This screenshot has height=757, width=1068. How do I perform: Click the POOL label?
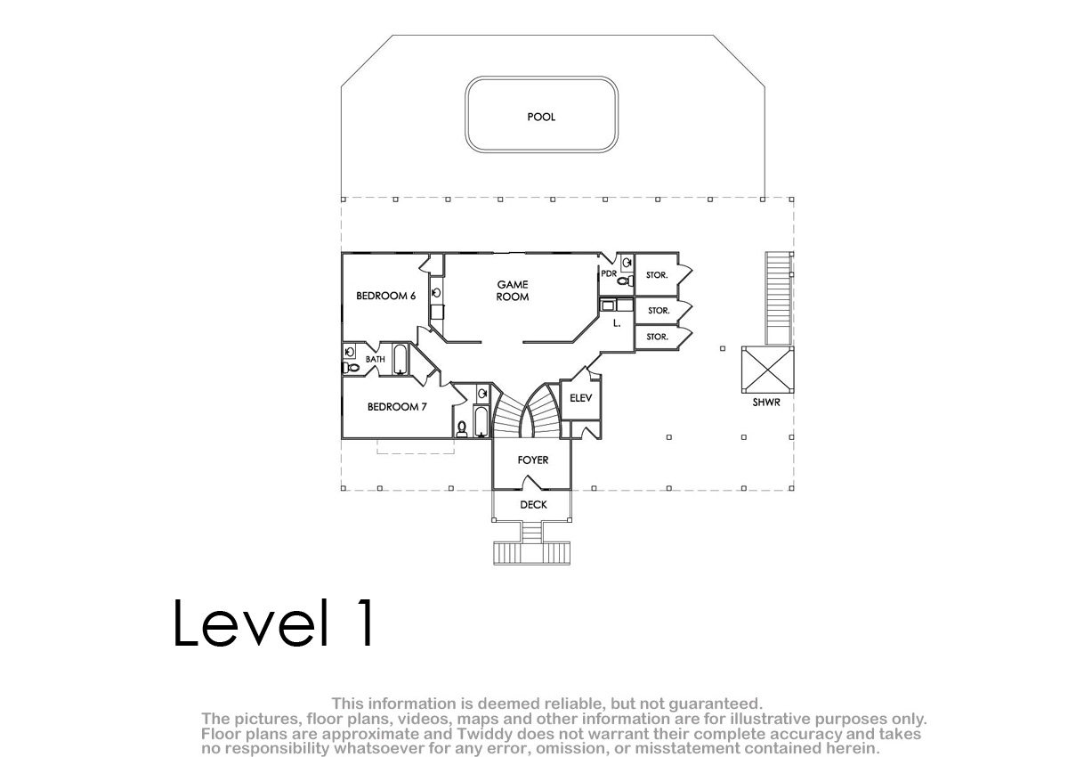[x=541, y=117]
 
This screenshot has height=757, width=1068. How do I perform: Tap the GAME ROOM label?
[x=513, y=290]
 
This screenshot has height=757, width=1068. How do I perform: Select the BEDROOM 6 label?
[x=385, y=296]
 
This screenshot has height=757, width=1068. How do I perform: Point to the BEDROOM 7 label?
[x=397, y=407]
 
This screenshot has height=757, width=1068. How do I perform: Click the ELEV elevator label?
[x=580, y=398]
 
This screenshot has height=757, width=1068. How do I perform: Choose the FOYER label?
[x=532, y=460]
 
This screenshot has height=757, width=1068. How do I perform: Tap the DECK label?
[x=533, y=505]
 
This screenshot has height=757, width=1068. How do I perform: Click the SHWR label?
[x=766, y=403]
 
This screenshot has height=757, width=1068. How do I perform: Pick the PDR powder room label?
[x=609, y=273]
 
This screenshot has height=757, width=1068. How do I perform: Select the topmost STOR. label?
[x=657, y=275]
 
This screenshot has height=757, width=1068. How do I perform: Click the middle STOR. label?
[x=659, y=311]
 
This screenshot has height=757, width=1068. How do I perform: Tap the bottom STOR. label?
[x=657, y=337]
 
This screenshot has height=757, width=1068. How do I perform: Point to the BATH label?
[x=376, y=359]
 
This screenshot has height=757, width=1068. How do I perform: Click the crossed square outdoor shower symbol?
[x=767, y=370]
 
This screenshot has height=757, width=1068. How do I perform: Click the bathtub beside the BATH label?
[x=400, y=359]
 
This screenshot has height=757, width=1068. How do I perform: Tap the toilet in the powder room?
[x=626, y=281]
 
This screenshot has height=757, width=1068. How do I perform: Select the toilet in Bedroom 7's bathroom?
[x=462, y=429]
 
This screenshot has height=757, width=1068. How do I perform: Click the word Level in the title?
[x=252, y=623]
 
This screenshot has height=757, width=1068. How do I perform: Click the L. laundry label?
[x=617, y=323]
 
